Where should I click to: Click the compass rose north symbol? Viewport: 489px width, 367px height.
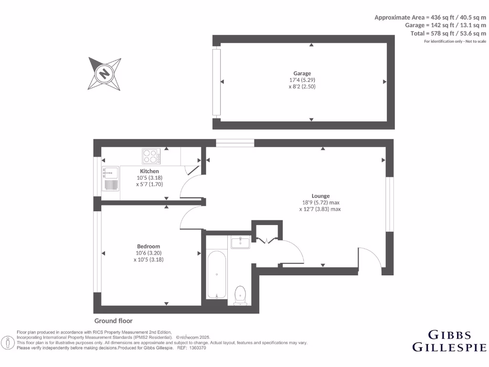tap(104, 74)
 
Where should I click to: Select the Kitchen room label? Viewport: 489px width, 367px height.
tap(149, 171)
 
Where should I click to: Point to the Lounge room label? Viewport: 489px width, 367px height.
tap(320, 196)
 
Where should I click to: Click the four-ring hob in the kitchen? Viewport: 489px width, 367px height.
tap(151, 156)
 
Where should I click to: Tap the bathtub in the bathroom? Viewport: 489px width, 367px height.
tap(217, 275)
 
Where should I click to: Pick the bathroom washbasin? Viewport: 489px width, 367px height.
tap(240, 243)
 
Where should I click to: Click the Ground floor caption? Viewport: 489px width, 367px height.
tap(113, 321)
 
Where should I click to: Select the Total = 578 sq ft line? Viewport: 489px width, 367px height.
tap(448, 33)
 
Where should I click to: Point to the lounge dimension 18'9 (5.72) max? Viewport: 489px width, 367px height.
tap(320, 202)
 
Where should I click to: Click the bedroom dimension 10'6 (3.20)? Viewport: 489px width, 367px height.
tap(149, 253)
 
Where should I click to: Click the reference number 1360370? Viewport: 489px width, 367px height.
tap(198, 348)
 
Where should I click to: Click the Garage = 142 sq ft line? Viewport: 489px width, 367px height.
tap(445, 25)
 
